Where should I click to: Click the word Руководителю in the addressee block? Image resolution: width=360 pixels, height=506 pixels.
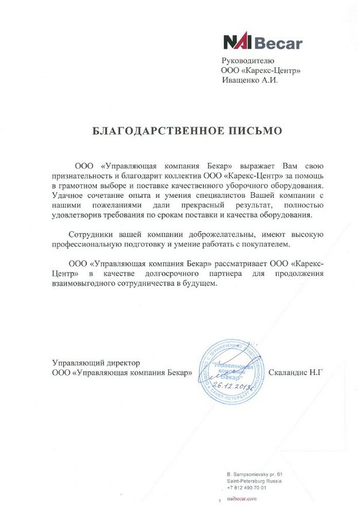249,61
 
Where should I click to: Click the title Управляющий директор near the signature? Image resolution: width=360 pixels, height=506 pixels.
96,363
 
